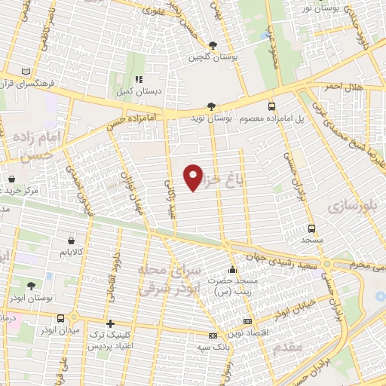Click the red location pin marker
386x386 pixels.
[194, 176]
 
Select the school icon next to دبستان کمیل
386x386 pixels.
[138, 79]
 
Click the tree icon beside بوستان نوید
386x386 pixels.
[211, 107]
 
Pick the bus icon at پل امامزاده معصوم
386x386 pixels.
[271, 107]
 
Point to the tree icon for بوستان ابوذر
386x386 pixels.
[30, 286]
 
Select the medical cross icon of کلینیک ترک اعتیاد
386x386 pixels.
[111, 323]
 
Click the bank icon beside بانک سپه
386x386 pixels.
[213, 335]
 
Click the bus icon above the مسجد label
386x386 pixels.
[311, 228]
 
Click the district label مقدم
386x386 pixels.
[289, 345]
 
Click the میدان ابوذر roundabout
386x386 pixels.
[75, 317]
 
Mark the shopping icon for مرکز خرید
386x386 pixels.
[13, 179]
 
